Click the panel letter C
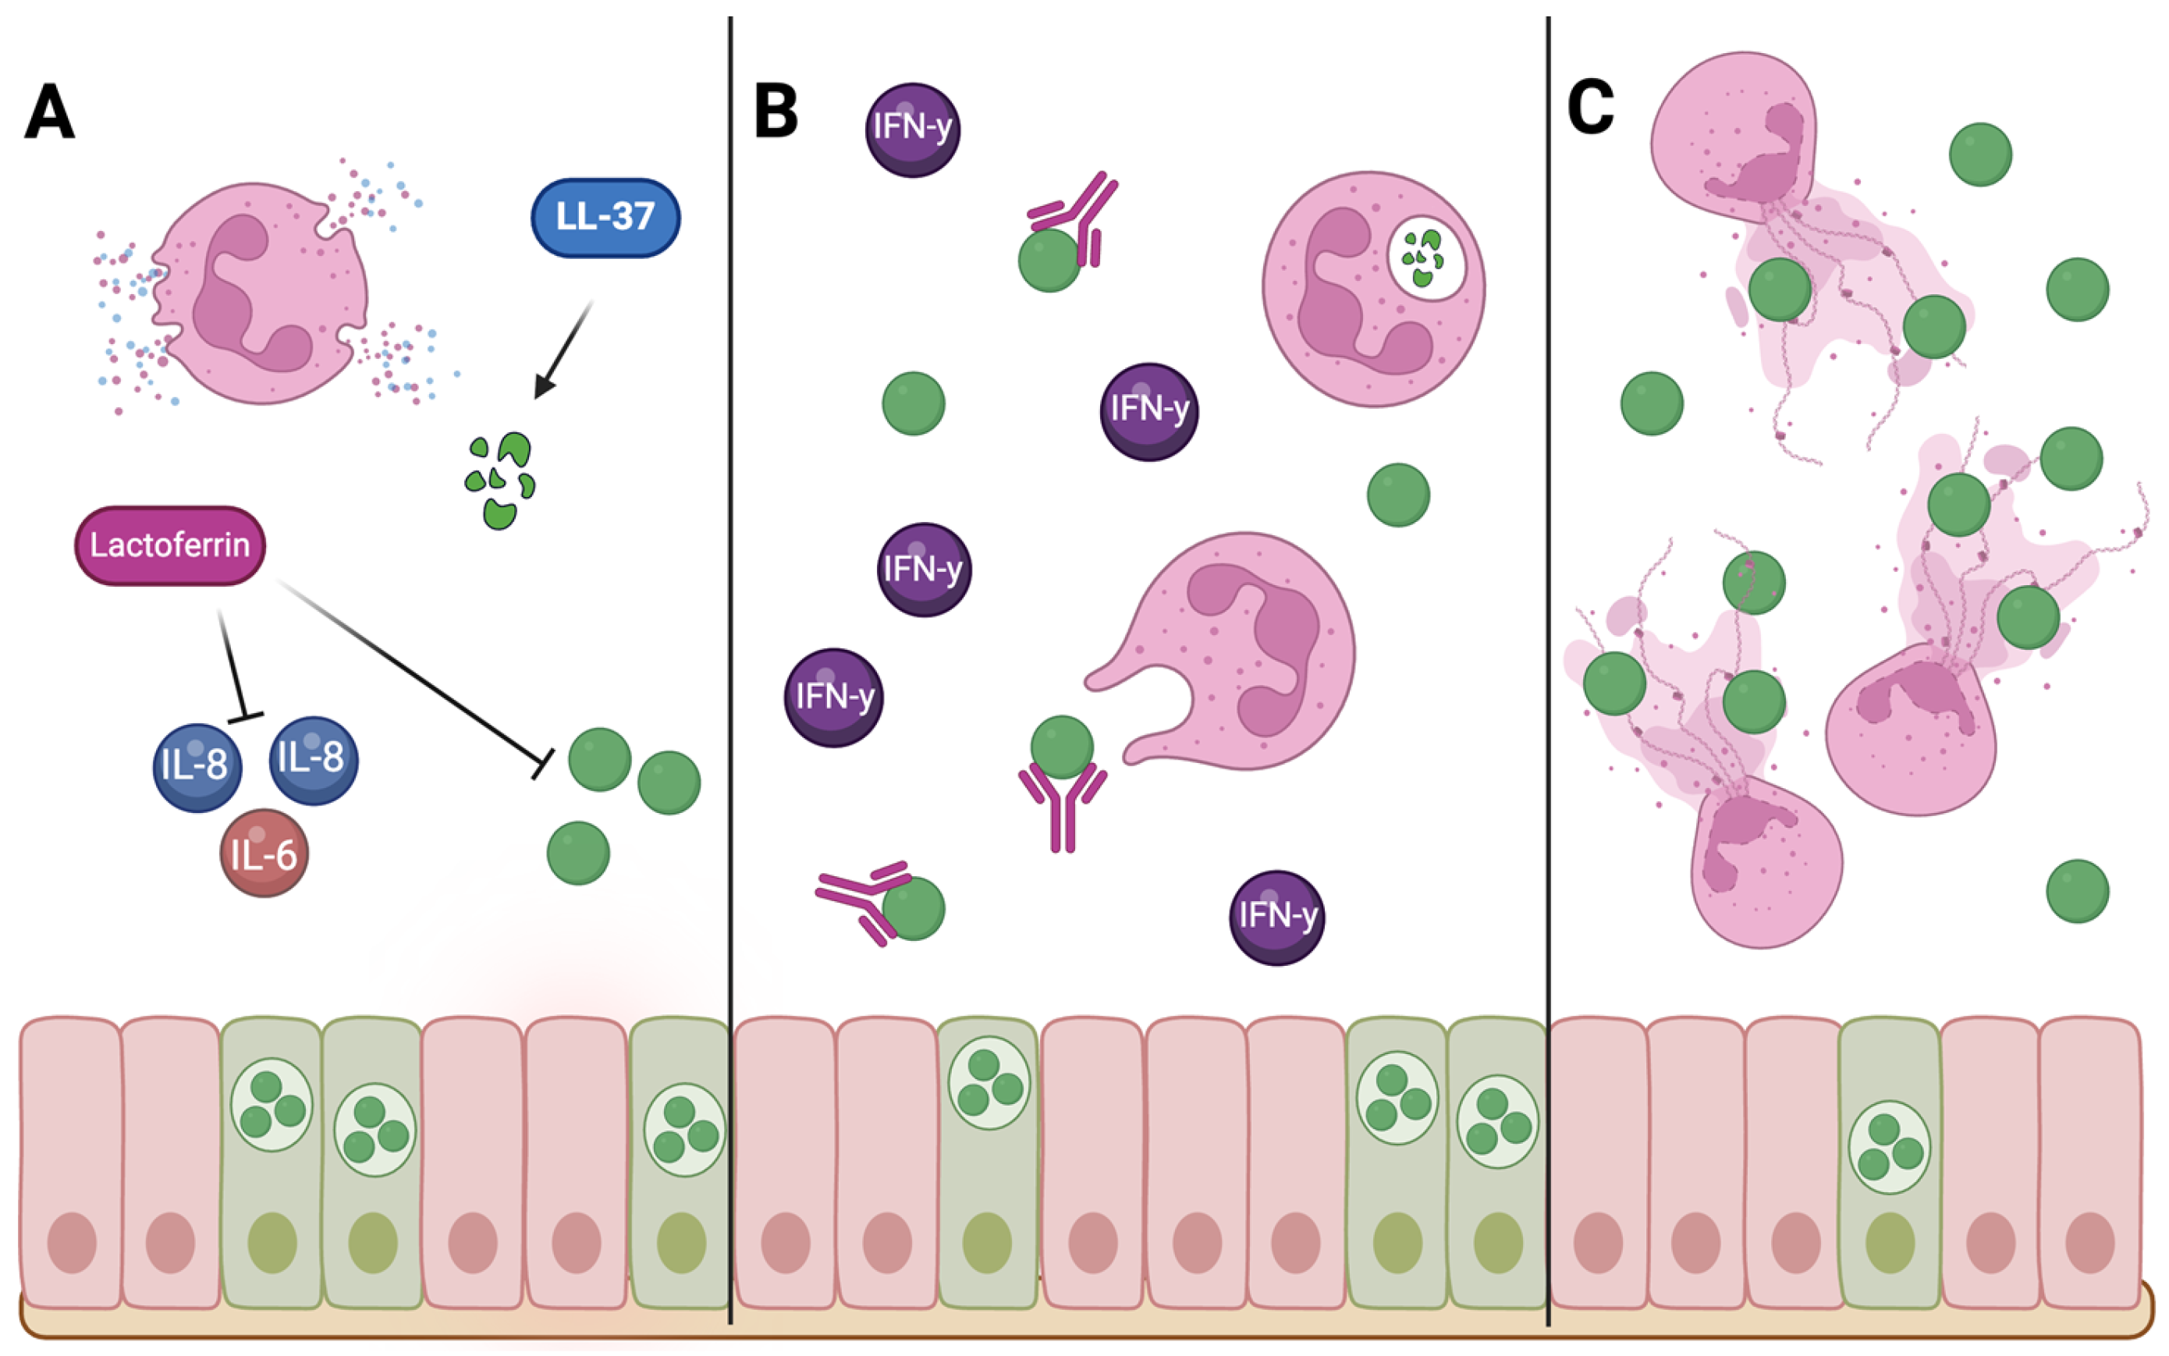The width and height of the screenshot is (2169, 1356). click(x=1590, y=108)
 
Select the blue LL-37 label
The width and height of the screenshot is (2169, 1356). click(x=605, y=218)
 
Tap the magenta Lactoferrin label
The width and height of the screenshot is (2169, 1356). click(x=169, y=545)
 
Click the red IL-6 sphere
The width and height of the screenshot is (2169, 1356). click(x=264, y=854)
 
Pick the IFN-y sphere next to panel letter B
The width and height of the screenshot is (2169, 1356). click(x=912, y=130)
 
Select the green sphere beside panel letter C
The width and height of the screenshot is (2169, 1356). click(x=1980, y=154)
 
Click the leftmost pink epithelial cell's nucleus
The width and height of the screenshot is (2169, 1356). click(x=72, y=1242)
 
